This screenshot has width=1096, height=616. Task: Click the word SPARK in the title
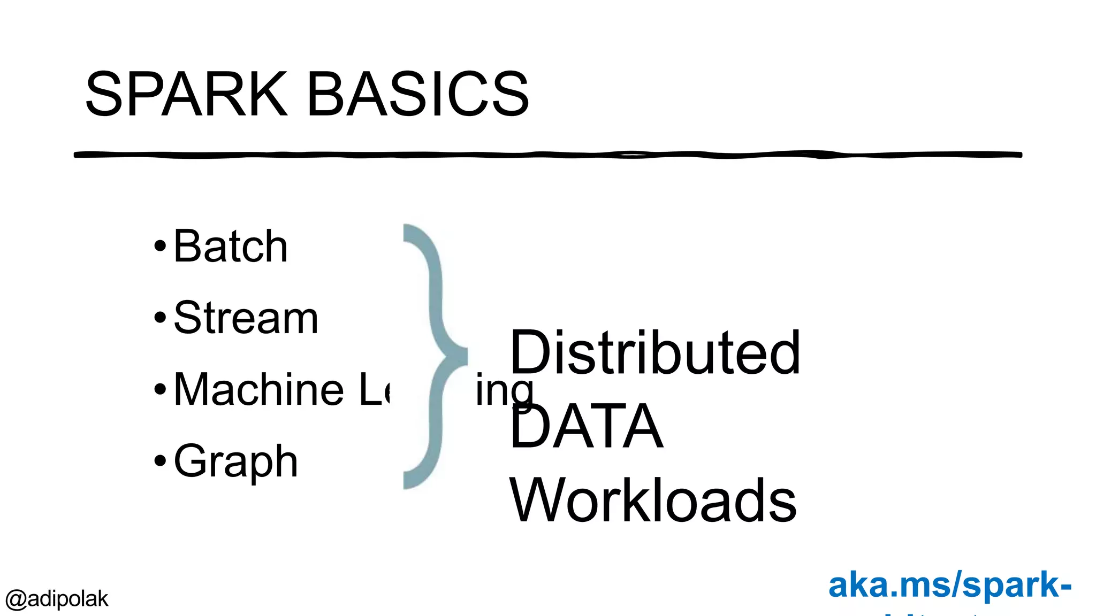(186, 95)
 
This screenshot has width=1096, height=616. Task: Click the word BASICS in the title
(418, 95)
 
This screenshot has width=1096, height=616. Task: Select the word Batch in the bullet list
(231, 247)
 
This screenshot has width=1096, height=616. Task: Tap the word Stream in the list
(246, 318)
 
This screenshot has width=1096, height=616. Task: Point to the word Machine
(259, 390)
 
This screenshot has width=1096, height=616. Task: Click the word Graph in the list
(235, 461)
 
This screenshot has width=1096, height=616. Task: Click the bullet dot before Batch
(160, 247)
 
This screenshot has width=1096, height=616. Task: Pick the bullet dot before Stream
(160, 318)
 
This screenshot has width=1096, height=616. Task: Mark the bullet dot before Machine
(160, 389)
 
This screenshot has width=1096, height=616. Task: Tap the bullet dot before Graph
(160, 460)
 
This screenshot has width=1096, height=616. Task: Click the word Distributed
(655, 353)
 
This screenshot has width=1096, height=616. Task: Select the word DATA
(587, 427)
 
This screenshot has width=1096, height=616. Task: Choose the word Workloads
(653, 500)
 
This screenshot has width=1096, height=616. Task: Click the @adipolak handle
(57, 599)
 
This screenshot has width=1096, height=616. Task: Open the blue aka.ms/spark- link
(949, 585)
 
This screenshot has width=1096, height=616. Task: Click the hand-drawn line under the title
(548, 155)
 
